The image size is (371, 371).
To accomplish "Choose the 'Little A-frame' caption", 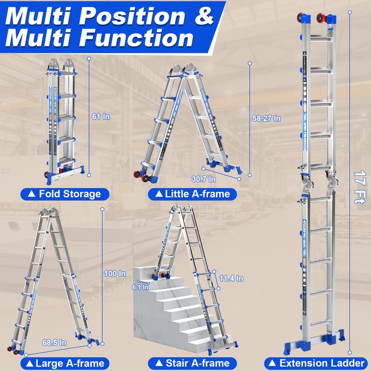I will pyautogui.click(x=192, y=193).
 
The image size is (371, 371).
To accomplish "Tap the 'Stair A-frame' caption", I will pyautogui.click(x=192, y=363).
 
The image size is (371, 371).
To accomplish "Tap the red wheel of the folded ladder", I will pyautogui.click(x=48, y=175).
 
